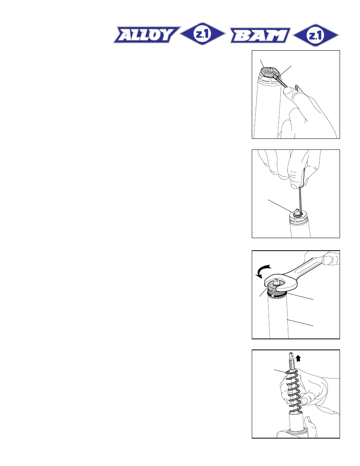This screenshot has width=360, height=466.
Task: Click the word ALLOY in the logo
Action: (147, 35)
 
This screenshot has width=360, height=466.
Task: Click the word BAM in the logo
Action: (260, 35)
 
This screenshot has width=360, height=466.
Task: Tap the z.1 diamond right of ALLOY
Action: (203, 34)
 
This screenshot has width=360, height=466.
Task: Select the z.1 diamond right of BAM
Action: (316, 35)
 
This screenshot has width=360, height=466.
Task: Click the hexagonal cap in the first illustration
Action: (269, 71)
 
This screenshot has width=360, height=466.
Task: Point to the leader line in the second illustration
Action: (280, 206)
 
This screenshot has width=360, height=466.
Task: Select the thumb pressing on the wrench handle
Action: (330, 258)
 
